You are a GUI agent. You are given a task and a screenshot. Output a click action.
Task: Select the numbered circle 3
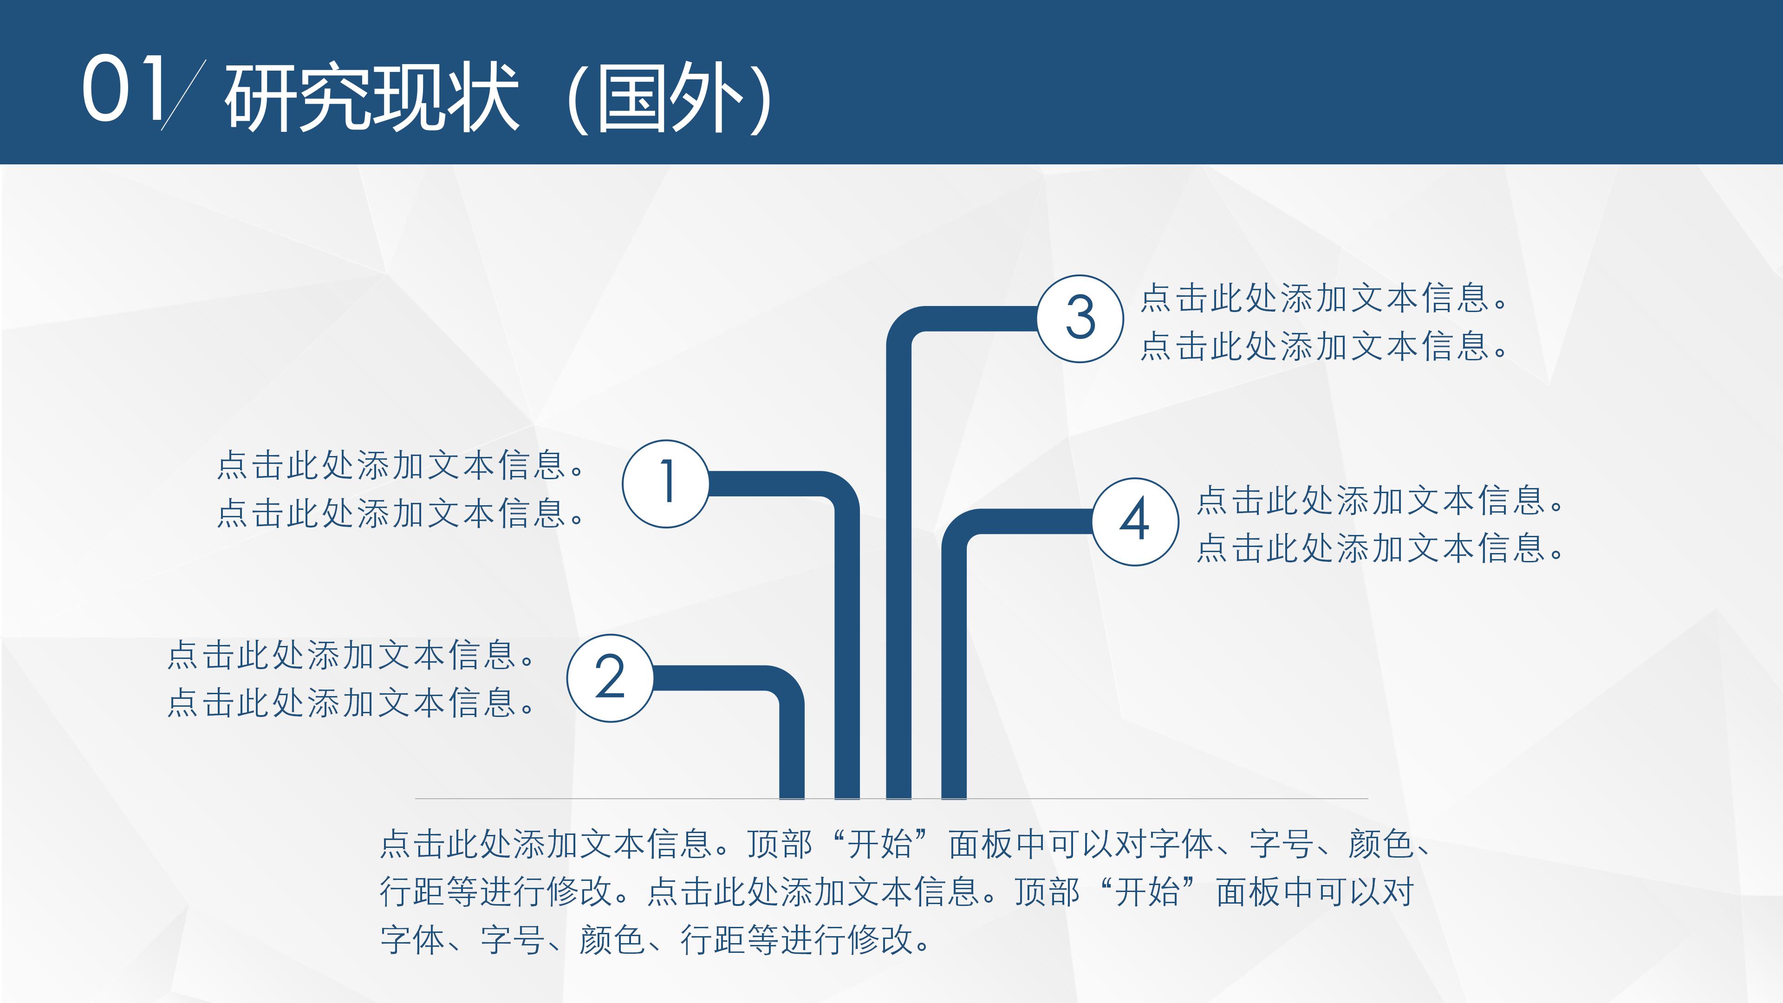1080,319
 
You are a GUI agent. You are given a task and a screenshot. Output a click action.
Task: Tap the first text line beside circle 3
1323,298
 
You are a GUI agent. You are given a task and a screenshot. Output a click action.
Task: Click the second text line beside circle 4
1380,548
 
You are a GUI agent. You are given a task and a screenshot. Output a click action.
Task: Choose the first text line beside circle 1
400,465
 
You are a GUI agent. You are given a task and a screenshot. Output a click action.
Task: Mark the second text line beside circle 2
350,703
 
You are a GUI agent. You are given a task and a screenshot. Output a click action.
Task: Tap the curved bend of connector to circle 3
907,327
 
